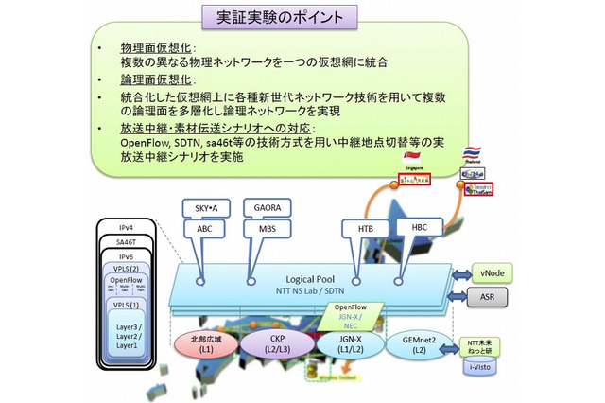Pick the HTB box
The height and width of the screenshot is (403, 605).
click(x=364, y=230)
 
